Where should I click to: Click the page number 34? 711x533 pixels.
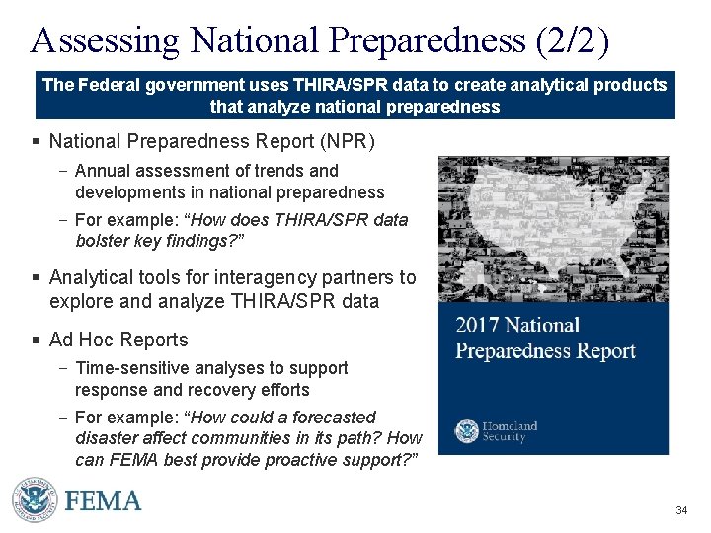coord(681,510)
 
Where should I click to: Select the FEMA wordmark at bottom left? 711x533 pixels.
coord(104,500)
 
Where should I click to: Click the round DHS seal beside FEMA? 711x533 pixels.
coord(35,500)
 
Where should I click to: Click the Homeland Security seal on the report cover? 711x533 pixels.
coord(466,430)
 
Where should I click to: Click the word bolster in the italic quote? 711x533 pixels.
coord(103,240)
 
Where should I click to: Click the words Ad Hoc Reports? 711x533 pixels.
coord(118,340)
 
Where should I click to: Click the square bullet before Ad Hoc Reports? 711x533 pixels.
coord(37,341)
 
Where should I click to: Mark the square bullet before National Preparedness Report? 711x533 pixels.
coord(37,142)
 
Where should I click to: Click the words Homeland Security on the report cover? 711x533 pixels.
coord(510,431)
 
